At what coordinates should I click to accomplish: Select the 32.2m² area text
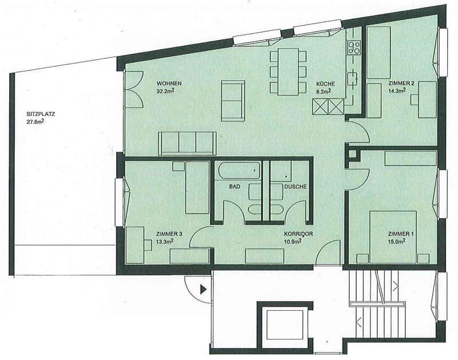[165, 91]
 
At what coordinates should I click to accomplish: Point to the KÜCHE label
[325, 84]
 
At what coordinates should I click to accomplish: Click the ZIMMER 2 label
[401, 84]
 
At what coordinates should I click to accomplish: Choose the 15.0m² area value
[396, 241]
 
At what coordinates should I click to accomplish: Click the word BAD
[235, 187]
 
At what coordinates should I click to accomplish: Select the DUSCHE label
[295, 187]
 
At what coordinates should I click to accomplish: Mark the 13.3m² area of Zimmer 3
[165, 241]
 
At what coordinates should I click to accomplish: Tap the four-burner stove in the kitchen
[353, 48]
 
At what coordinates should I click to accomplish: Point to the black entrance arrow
[203, 290]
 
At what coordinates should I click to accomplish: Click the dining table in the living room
[288, 72]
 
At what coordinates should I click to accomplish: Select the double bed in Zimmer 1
[393, 237]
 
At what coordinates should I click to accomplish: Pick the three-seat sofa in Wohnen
[187, 143]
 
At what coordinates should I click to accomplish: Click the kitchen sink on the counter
[352, 79]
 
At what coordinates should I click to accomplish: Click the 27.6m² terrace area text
[35, 122]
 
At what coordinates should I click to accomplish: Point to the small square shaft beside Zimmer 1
[353, 154]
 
